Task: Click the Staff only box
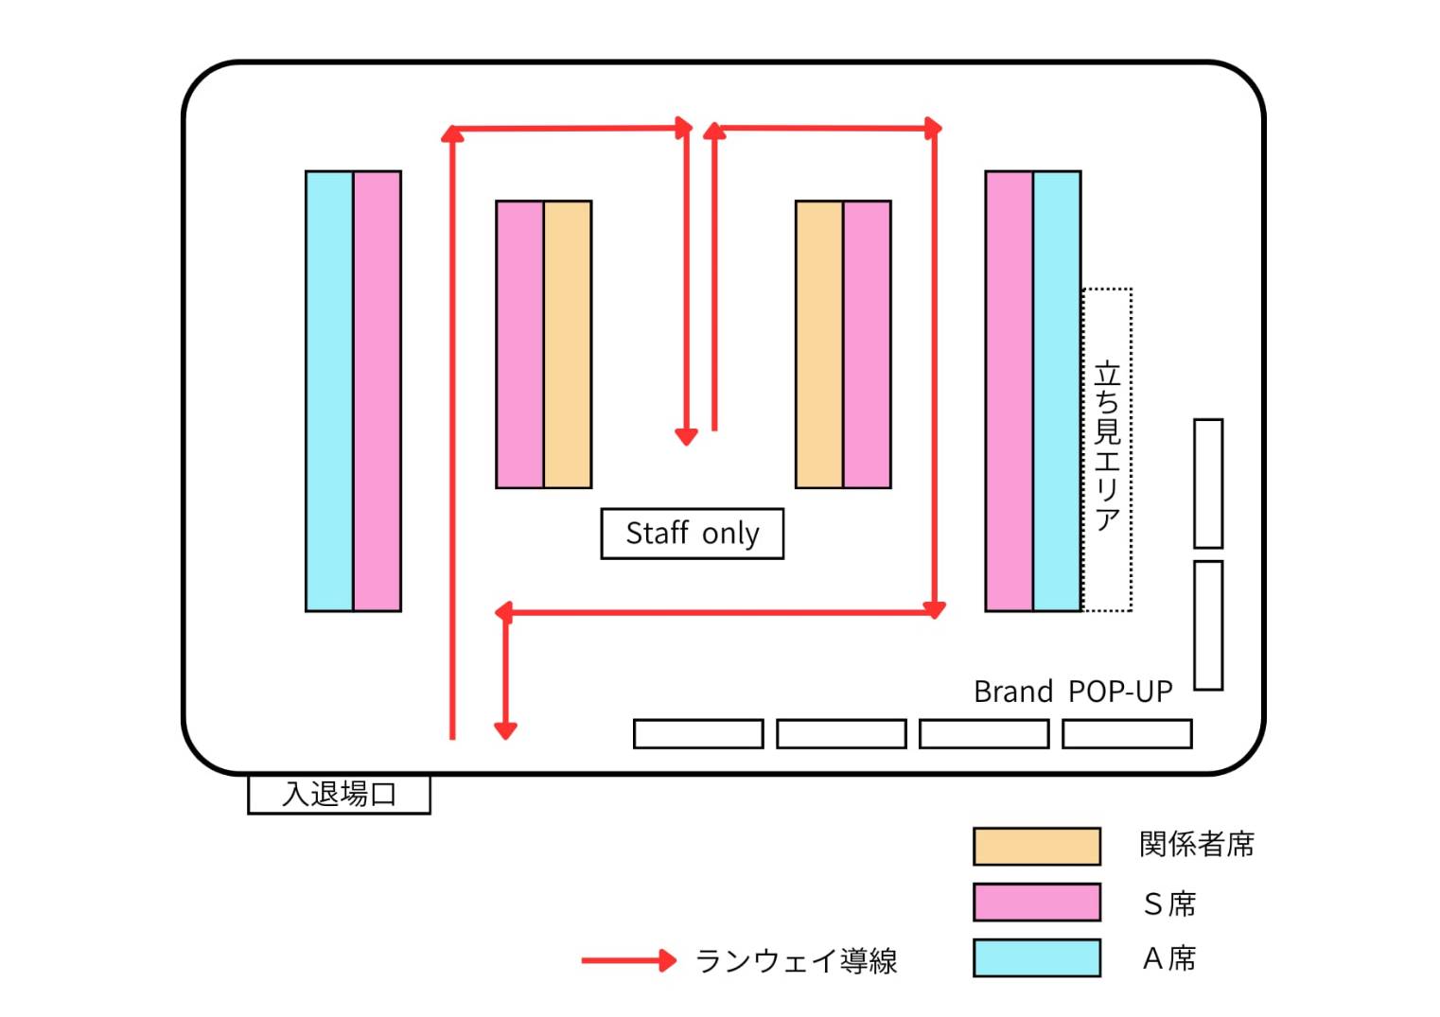(692, 534)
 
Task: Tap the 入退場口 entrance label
(339, 794)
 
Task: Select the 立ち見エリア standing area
(1107, 448)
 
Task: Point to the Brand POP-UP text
(1073, 692)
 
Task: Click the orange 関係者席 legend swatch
(1036, 846)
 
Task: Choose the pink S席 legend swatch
(1036, 902)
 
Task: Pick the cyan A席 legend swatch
(1036, 957)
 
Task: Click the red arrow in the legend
(628, 961)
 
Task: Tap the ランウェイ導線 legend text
(796, 961)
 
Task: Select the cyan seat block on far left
(329, 391)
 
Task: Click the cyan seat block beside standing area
(1057, 391)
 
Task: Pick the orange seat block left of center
(568, 344)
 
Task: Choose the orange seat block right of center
(819, 344)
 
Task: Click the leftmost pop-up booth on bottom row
(698, 733)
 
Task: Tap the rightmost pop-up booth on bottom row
(1127, 733)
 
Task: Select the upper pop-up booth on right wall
(1208, 483)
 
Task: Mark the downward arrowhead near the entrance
(505, 729)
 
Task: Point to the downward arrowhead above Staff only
(686, 436)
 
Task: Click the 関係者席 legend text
(1197, 844)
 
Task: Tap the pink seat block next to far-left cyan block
(378, 391)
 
